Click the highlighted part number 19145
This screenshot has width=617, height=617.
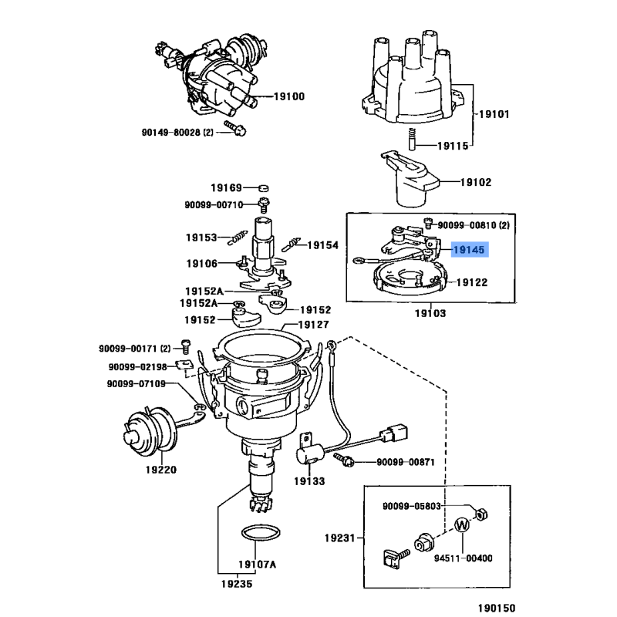[x=469, y=250]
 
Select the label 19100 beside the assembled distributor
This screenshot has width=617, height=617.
[x=289, y=96]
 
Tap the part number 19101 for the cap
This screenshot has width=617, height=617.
[x=494, y=114]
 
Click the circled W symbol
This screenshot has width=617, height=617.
[x=462, y=526]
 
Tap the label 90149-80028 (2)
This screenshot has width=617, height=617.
[x=178, y=132]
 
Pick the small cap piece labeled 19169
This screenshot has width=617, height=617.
[x=263, y=188]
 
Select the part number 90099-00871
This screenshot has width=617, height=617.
[x=406, y=462]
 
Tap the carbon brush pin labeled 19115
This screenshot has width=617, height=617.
[x=413, y=140]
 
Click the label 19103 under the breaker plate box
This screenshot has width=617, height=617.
[x=430, y=314]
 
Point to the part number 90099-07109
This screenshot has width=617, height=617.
[x=137, y=383]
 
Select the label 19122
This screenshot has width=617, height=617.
[x=471, y=283]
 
